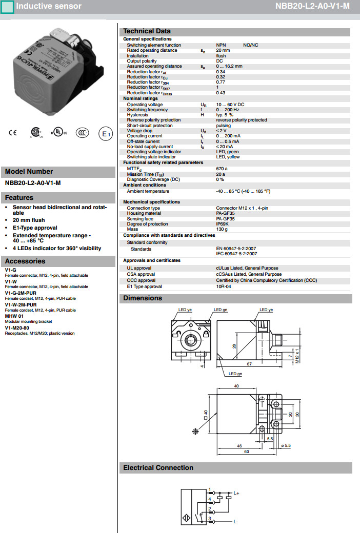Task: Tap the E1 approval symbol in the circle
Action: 105,134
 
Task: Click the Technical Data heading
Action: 147,31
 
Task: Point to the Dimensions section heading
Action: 143,298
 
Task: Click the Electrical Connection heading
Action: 158,467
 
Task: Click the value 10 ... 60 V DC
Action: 230,105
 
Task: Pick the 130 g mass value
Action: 222,229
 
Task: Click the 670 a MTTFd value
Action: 222,169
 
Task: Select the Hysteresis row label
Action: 137,115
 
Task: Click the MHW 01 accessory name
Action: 14,316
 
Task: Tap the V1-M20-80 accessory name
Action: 17,328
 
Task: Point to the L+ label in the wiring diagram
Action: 237,493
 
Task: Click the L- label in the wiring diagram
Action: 236,521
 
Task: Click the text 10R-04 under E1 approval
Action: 224,287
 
